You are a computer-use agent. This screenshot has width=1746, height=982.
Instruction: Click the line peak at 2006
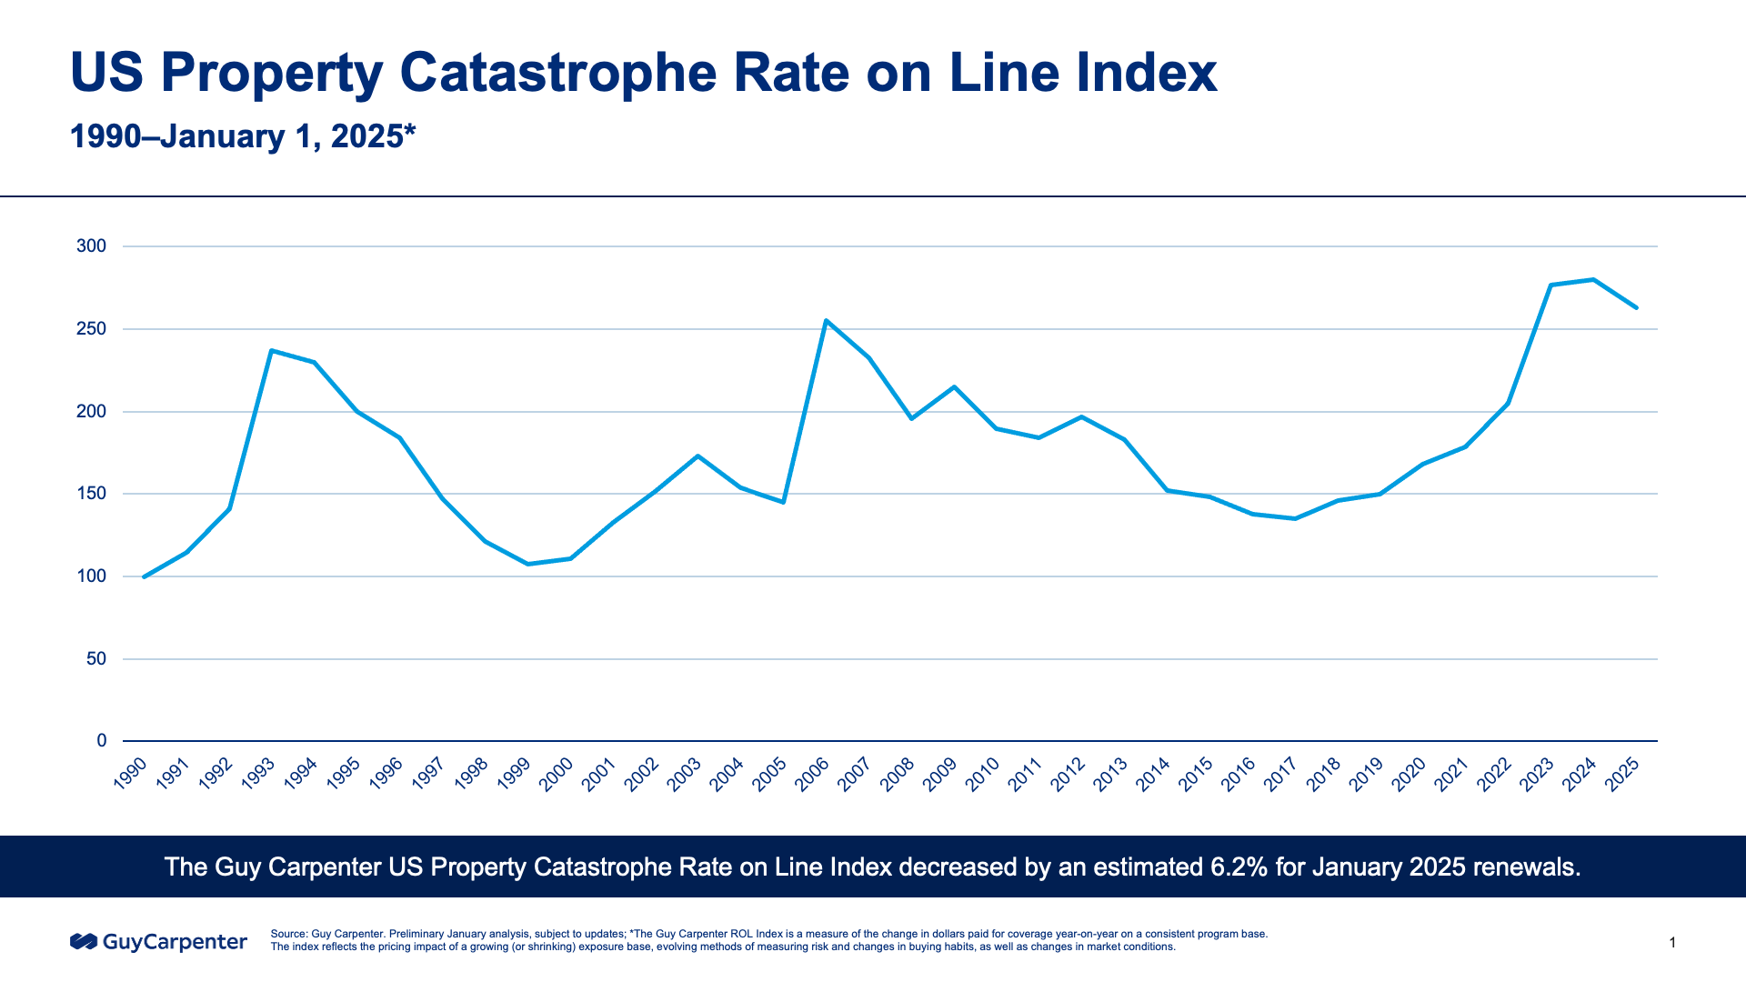point(826,320)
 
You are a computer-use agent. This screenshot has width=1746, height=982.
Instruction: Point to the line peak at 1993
point(272,350)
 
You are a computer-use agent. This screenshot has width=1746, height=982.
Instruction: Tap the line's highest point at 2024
point(1593,279)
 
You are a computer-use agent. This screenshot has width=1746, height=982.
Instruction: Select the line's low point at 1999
point(527,564)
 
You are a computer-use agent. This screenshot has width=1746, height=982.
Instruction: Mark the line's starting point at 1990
point(144,576)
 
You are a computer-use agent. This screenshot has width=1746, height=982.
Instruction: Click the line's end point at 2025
point(1636,307)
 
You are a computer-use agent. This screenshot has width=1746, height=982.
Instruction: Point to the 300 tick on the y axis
point(92,246)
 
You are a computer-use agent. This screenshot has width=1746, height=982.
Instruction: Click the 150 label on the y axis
point(92,494)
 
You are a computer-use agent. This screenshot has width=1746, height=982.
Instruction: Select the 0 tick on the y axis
point(102,741)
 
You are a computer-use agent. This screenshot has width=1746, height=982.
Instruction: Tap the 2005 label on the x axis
point(771,775)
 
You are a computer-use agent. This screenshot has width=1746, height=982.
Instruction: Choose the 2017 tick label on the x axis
point(1282,775)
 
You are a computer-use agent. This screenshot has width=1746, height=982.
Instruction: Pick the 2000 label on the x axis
point(557,775)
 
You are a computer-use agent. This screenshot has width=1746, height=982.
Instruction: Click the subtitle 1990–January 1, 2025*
point(243,136)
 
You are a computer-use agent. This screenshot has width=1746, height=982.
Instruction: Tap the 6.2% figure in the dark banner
point(1239,867)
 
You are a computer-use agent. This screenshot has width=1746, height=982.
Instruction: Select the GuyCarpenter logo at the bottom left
point(159,942)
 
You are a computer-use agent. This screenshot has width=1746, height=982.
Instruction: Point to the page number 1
point(1672,943)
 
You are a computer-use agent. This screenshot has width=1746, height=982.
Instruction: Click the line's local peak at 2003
point(697,456)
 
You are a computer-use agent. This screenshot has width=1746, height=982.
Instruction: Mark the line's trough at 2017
point(1295,518)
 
